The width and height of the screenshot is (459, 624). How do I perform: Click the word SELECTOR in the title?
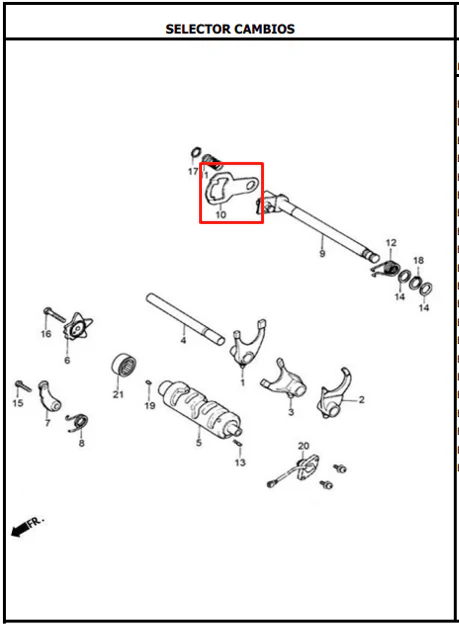pos(197,29)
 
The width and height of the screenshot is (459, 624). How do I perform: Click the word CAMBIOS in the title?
pos(264,29)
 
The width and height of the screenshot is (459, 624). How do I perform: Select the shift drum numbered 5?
pos(200,409)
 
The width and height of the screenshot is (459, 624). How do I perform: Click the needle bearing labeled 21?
pos(124,364)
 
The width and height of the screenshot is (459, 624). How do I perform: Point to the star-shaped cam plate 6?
pos(78,328)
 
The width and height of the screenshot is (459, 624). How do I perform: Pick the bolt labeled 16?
pos(54,314)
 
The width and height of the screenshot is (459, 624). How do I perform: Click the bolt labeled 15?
pos(23,386)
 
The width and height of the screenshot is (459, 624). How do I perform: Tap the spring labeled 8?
pos(78,423)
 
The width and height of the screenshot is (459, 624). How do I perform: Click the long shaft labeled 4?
pos(185,318)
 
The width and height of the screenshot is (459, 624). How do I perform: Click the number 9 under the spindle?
pos(322,254)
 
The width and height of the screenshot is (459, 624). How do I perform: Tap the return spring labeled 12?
pos(385,269)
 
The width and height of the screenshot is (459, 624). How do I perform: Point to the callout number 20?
pos(303,446)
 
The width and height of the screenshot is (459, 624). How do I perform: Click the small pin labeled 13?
pos(238,443)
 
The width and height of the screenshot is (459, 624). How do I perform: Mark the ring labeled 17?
pos(195,152)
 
